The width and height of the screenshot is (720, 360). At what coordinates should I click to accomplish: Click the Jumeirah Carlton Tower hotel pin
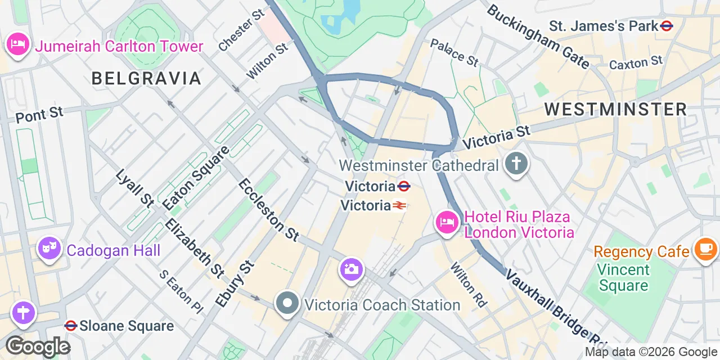17,46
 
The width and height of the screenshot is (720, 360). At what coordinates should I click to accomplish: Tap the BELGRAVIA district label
146,78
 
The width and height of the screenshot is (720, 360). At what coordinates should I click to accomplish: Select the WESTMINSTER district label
615,109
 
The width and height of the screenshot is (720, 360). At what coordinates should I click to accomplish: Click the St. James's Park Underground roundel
667,26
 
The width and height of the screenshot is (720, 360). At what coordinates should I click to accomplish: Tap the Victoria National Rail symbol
399,206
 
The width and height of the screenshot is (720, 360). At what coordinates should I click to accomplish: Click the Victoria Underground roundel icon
403,186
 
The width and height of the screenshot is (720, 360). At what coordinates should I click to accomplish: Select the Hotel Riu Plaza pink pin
447,223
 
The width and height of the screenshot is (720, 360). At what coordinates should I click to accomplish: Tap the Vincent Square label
623,278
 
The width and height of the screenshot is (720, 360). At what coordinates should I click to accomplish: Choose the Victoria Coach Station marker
287,304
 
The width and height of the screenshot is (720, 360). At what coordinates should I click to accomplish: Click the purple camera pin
351,269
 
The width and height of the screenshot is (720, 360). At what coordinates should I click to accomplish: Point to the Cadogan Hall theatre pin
49,248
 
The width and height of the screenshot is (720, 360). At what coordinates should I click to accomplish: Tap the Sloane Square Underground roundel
71,325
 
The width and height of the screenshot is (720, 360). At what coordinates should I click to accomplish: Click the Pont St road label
39,115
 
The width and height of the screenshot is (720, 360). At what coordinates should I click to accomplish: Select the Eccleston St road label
268,209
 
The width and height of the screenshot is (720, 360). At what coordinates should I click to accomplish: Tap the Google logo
38,346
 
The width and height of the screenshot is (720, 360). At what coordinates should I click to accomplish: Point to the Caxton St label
636,63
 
